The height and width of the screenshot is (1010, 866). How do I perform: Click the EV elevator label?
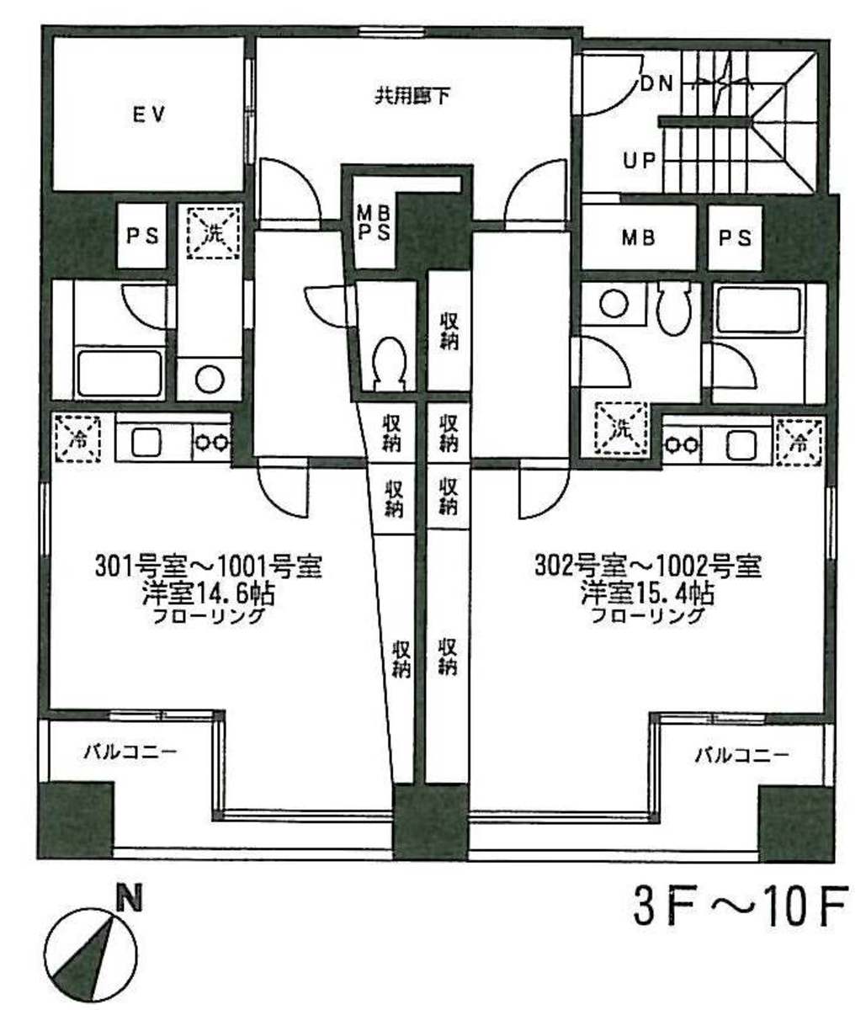click(x=150, y=114)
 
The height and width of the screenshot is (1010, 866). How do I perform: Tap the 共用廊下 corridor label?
click(x=412, y=97)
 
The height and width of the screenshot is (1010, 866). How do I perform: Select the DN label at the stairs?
click(x=656, y=84)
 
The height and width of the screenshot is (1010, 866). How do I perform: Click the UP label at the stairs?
click(x=640, y=160)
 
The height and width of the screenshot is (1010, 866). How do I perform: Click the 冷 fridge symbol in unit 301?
click(x=77, y=439)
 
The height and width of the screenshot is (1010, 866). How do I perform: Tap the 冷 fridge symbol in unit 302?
click(x=799, y=442)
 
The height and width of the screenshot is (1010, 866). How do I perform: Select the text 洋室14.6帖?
click(x=208, y=594)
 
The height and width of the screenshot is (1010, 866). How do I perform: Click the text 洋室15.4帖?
click(x=648, y=594)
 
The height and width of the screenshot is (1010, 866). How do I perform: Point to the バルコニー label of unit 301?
click(x=130, y=752)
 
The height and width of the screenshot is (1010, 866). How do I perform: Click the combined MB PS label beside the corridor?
click(x=375, y=223)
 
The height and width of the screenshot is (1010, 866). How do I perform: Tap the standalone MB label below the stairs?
click(x=638, y=238)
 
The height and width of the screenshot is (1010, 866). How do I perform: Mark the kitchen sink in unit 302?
click(x=741, y=444)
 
